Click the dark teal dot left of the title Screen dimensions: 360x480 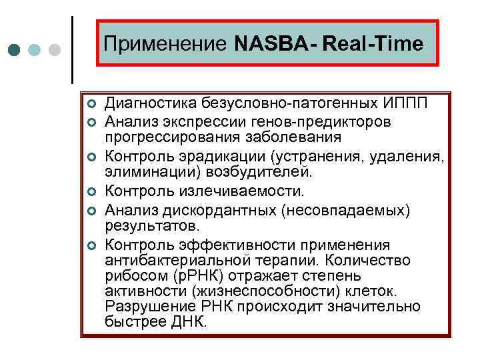pos(15,51)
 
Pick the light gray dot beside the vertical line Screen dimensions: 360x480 pos(55,51)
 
